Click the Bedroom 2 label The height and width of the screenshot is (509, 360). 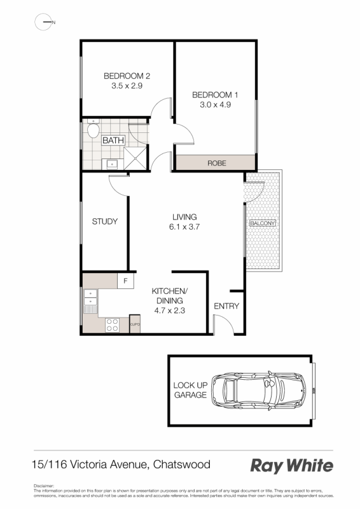(127, 76)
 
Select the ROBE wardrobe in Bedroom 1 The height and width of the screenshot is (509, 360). (216, 163)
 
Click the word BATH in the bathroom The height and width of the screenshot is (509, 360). (113, 141)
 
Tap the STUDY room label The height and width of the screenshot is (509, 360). (105, 221)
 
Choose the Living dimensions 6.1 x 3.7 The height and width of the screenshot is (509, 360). (183, 227)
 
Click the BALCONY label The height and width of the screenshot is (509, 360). (263, 224)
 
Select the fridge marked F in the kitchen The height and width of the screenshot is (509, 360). (126, 281)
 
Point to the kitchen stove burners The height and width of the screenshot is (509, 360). (112, 324)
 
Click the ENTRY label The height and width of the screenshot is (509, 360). (226, 306)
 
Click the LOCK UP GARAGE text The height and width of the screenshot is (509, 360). (190, 390)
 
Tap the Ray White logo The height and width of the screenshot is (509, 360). (291, 466)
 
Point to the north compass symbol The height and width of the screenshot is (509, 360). (44, 22)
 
